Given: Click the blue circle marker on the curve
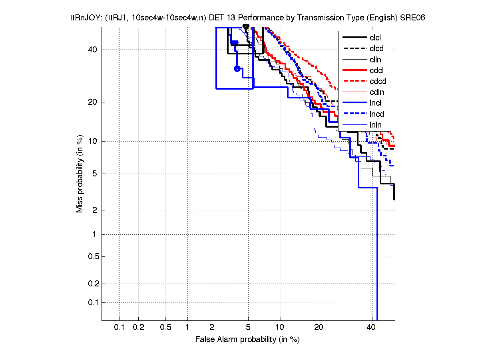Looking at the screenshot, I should tap(237, 68).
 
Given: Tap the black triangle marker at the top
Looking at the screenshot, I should tap(246, 27).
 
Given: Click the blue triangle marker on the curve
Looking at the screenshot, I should tap(235, 43).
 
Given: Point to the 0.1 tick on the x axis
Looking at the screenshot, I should tap(120, 327).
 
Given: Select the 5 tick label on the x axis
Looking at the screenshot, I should tap(248, 327).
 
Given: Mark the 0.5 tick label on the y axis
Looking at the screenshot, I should tap(93, 256).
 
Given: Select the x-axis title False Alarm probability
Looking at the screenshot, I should tap(247, 339).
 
